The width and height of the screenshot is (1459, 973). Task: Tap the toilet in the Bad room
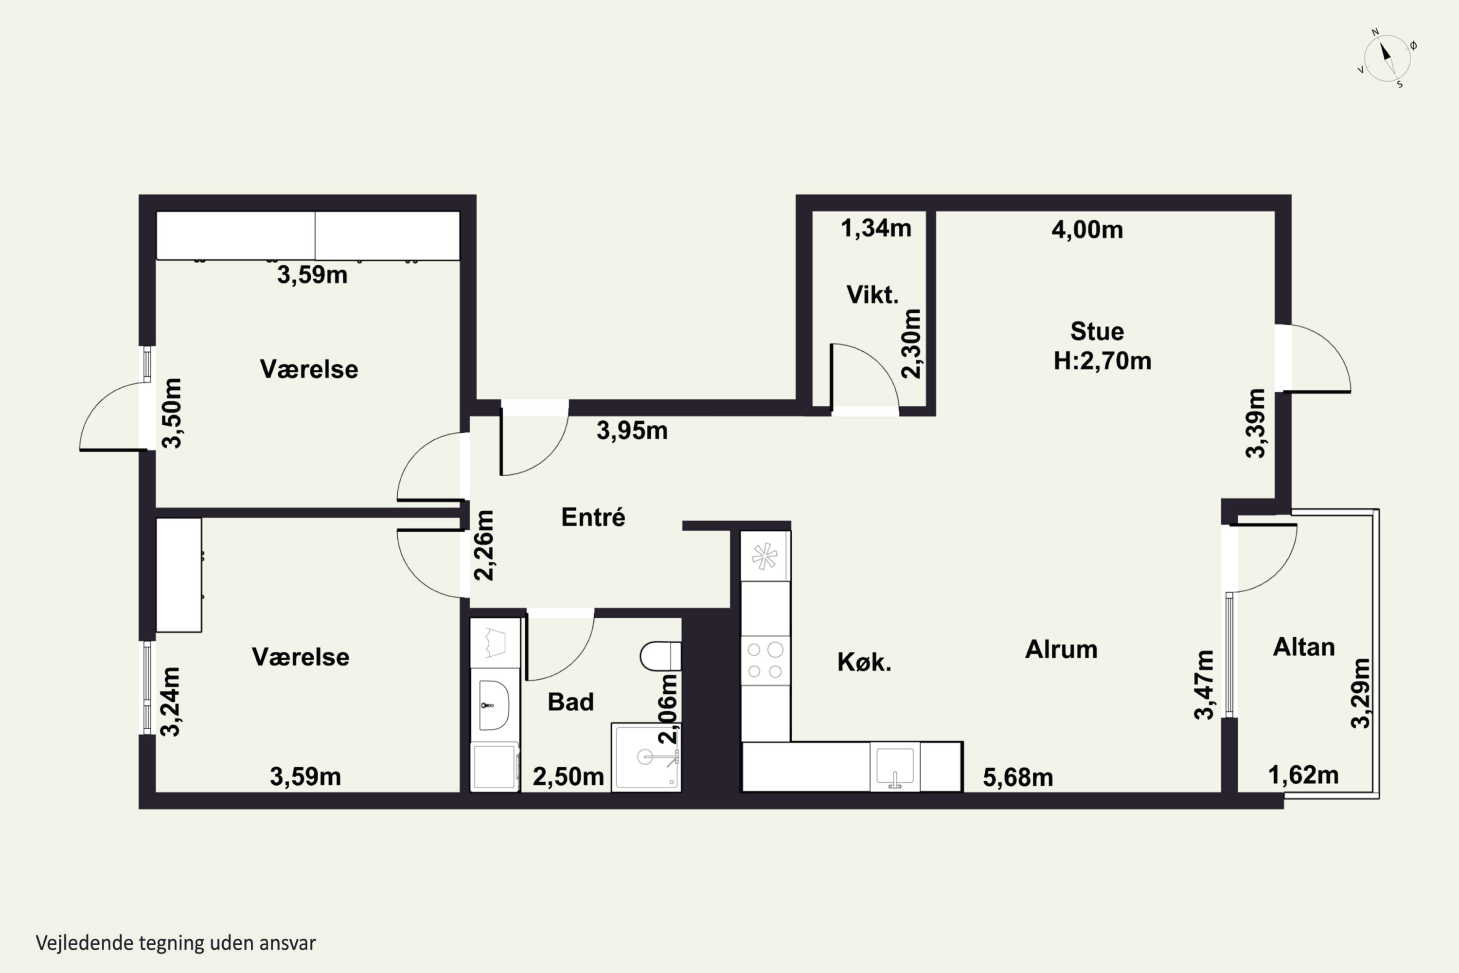(x=660, y=656)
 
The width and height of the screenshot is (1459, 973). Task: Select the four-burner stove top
(x=765, y=660)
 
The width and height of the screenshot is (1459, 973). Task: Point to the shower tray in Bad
(x=646, y=757)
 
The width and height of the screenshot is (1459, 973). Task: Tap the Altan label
(x=1303, y=647)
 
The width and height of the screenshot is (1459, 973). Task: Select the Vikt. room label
(x=872, y=295)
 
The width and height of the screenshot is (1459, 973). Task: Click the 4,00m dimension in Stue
(x=1087, y=230)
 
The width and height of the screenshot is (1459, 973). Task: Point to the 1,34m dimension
(x=876, y=228)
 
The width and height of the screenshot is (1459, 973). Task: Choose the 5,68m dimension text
(x=1018, y=777)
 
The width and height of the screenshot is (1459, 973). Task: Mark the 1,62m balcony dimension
(x=1303, y=775)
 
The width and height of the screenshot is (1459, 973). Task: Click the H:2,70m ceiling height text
(x=1103, y=360)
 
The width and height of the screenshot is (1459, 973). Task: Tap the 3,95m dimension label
(x=632, y=431)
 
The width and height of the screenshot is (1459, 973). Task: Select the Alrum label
(x=1061, y=649)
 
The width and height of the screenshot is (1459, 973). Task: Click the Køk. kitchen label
(x=864, y=662)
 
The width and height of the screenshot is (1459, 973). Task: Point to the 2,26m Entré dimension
(x=484, y=545)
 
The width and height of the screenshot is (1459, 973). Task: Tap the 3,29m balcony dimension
(x=1360, y=693)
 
